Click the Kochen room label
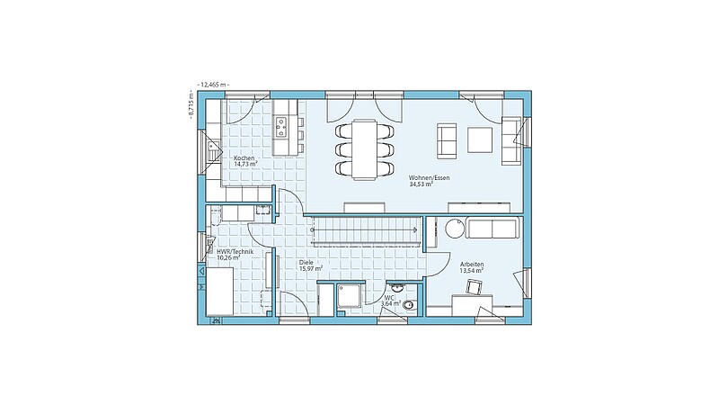coord(244,158)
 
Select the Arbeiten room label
coord(472,265)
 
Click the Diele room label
coord(306,262)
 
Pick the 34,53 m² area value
coord(422,184)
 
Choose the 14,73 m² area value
coord(245,164)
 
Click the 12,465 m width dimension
coord(212,85)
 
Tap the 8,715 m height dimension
coord(191,105)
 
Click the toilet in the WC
coord(410,303)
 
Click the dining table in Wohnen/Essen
coord(365,148)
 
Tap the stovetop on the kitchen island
coord(280,127)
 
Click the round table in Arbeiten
coord(455,228)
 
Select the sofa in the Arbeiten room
coord(493,228)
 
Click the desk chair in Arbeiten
coord(475,287)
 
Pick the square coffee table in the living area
coord(480,139)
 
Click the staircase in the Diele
coord(366,229)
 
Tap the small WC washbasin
coord(396,287)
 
